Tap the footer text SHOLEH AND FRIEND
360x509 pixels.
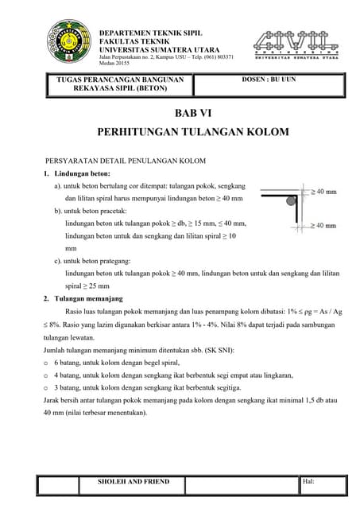point(134,482)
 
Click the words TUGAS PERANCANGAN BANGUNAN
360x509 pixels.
point(117,80)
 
